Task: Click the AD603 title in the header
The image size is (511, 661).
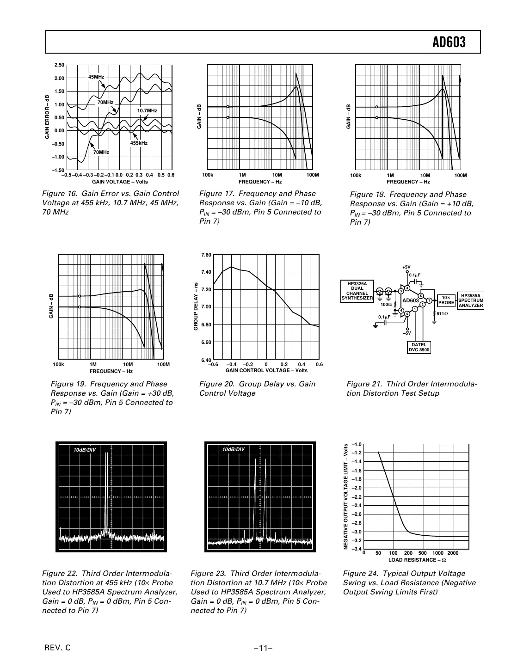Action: point(449,43)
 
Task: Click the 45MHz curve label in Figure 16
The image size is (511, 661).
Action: point(96,77)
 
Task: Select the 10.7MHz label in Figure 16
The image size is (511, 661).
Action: point(147,110)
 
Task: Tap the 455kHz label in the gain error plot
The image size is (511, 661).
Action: point(138,143)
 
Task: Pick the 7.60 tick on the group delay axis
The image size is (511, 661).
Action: point(206,255)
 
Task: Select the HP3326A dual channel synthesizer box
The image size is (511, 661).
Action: point(357,291)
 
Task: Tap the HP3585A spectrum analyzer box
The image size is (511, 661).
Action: point(471,300)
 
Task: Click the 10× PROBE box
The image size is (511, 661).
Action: point(446,300)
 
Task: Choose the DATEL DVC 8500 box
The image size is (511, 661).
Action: point(419,347)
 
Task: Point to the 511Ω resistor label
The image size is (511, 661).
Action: point(443,314)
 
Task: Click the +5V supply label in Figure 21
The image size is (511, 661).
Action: point(406,267)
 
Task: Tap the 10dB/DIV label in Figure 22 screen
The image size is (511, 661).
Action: point(85,450)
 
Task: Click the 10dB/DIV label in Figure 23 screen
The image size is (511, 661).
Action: point(233,450)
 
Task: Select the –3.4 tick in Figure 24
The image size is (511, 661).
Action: point(356,549)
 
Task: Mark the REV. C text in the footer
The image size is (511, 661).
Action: point(57,648)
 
